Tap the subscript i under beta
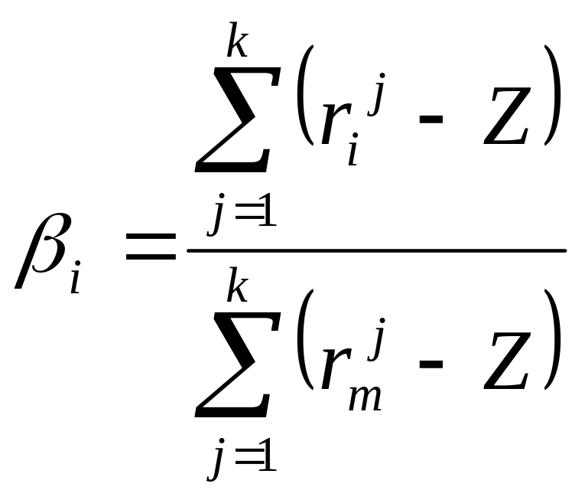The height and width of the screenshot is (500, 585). click(76, 279)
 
